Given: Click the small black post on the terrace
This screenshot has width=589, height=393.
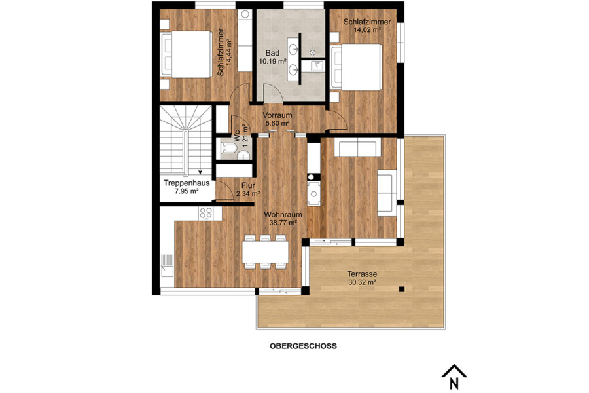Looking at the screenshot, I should tap(402, 288).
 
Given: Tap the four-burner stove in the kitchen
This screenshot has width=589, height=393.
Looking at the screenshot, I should tap(205, 212).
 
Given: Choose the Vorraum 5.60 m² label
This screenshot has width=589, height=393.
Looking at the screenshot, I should tap(277, 119).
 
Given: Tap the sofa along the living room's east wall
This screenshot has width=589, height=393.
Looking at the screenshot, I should tap(387, 194).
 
